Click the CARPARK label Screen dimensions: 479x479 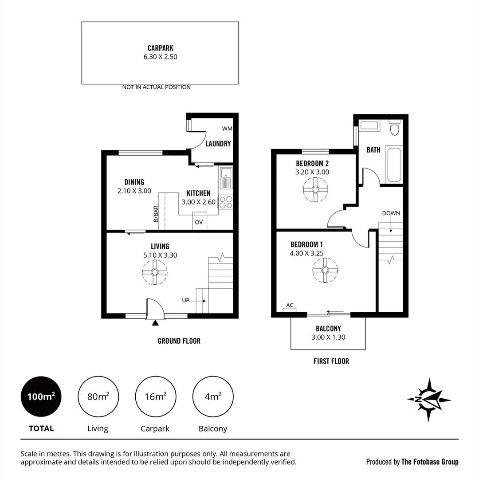160,48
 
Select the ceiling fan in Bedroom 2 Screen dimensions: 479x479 315,190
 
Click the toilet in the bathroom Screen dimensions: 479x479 394,128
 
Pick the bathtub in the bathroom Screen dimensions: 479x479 393,164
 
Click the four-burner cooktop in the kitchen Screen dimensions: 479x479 226,202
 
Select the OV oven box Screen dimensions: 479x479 199,222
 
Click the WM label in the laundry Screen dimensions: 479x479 227,129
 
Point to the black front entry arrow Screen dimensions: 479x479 155,323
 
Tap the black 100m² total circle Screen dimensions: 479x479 41,397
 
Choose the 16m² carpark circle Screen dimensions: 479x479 155,397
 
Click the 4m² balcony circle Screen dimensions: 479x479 213,397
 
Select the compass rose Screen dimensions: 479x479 428,399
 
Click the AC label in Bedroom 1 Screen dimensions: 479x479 290,305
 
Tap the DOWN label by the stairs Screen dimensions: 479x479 391,213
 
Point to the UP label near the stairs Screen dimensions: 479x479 186,300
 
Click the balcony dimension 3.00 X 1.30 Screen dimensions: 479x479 328,337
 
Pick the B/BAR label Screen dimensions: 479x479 156,214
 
